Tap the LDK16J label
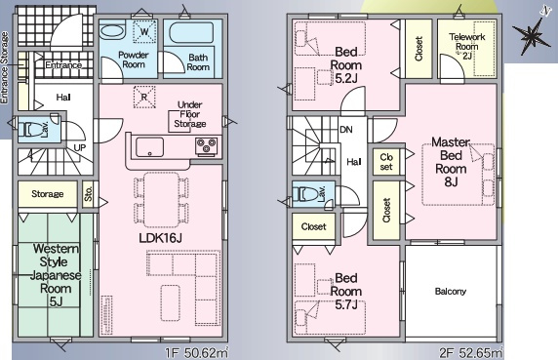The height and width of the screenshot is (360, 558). (161, 238)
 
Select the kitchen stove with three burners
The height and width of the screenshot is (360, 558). (206, 145)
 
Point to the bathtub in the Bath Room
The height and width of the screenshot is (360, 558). (191, 33)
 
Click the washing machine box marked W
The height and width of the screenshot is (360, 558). (144, 31)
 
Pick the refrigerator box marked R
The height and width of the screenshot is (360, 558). (144, 97)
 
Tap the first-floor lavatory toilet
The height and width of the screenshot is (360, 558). (31, 129)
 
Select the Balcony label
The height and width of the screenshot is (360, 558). (450, 292)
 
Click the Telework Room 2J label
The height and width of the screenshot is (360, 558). (467, 46)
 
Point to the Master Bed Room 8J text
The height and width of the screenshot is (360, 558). (451, 162)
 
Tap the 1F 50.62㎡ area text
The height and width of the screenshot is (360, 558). (196, 353)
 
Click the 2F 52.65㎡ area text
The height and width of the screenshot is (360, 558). (471, 353)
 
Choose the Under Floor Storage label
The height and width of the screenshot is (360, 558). (190, 114)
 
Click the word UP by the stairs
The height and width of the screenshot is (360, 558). (79, 147)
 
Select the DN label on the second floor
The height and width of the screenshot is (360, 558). (346, 130)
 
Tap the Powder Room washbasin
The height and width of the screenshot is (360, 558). (112, 31)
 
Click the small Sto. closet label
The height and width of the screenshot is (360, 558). (88, 193)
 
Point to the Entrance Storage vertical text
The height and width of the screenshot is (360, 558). (4, 68)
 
